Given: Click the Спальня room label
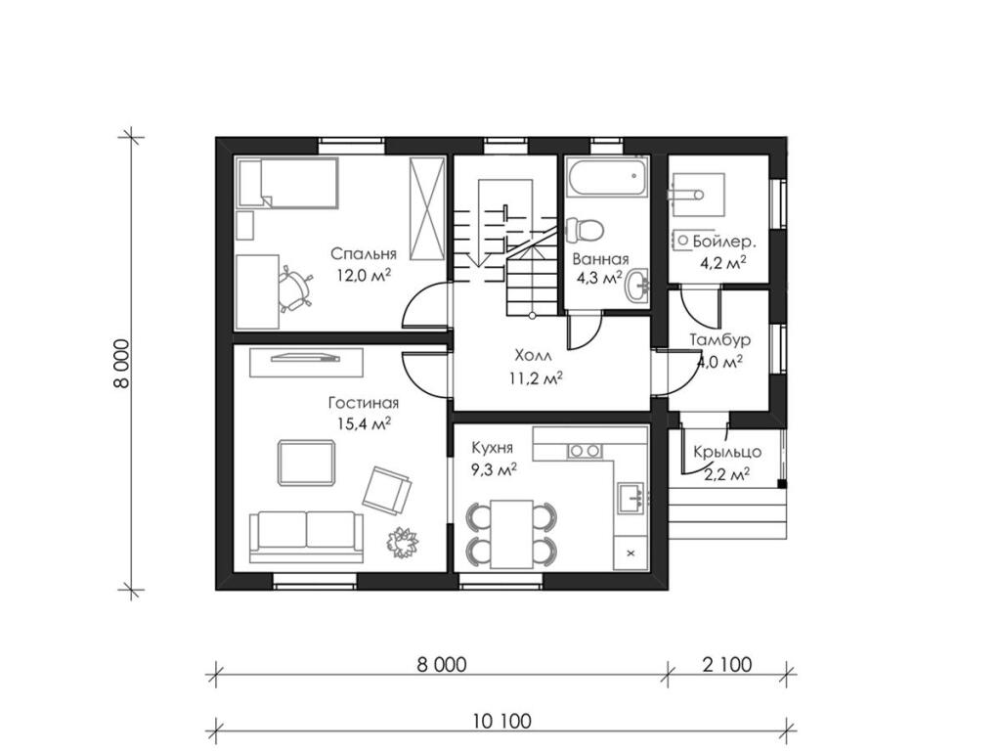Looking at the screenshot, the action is point(364,254).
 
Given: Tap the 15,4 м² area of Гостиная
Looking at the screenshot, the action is point(364,424).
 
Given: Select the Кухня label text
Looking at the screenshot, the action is point(493,448).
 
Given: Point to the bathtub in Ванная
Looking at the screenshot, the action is point(606,178).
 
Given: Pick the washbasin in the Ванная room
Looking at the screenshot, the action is point(636,286).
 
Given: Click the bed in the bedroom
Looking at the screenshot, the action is point(287,183).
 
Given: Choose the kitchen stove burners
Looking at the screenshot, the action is point(585,451).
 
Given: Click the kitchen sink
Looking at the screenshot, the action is point(631,498).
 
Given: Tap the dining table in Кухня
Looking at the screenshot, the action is point(511,534).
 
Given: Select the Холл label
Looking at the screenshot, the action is point(533,356).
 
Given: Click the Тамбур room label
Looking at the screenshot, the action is point(719,339).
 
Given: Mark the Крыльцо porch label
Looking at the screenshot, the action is point(727,452).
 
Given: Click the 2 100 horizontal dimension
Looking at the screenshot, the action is point(727,665).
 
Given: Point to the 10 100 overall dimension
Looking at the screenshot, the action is point(502,722).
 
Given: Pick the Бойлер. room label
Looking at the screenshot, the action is point(724,243).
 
